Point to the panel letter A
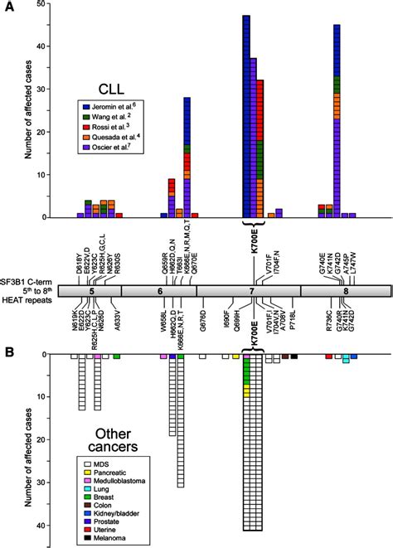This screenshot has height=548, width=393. (x=7, y=8)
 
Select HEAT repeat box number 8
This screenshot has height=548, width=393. (x=342, y=292)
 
